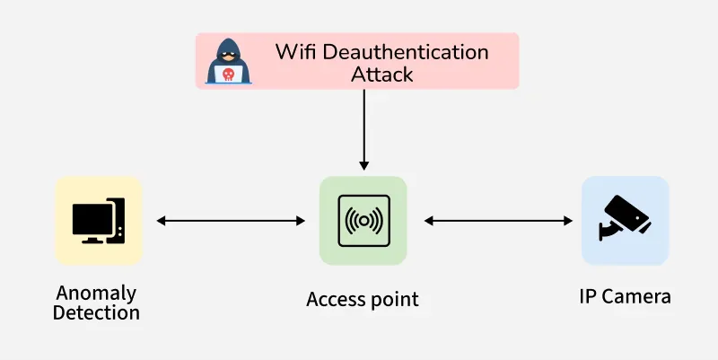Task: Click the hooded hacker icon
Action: (x=229, y=61)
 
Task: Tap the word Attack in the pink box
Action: (x=382, y=75)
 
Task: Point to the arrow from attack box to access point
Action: (x=363, y=126)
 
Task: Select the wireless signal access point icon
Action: (x=363, y=221)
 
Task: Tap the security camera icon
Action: (x=625, y=218)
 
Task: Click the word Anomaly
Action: (x=96, y=294)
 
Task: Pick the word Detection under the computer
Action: (x=96, y=312)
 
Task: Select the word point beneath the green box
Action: (x=393, y=300)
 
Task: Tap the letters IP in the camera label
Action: (x=588, y=295)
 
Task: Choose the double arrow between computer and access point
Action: (x=231, y=220)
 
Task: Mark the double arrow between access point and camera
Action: (x=498, y=220)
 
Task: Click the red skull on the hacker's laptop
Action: (x=230, y=74)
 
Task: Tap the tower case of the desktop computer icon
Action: (x=116, y=220)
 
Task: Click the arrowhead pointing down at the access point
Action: (x=363, y=164)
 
